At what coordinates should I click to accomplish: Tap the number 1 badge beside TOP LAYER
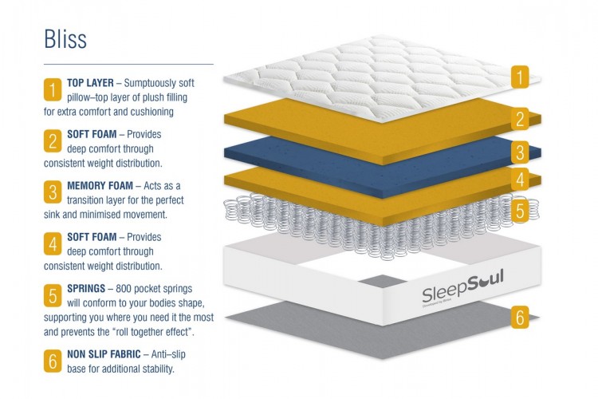(53, 88)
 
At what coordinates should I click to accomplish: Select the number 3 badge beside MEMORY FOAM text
(53, 192)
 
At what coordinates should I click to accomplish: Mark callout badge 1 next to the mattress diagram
(519, 77)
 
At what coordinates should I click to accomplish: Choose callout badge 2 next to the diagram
(519, 120)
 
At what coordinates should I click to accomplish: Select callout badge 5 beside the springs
(519, 211)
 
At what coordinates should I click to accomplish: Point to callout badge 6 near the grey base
(519, 318)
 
